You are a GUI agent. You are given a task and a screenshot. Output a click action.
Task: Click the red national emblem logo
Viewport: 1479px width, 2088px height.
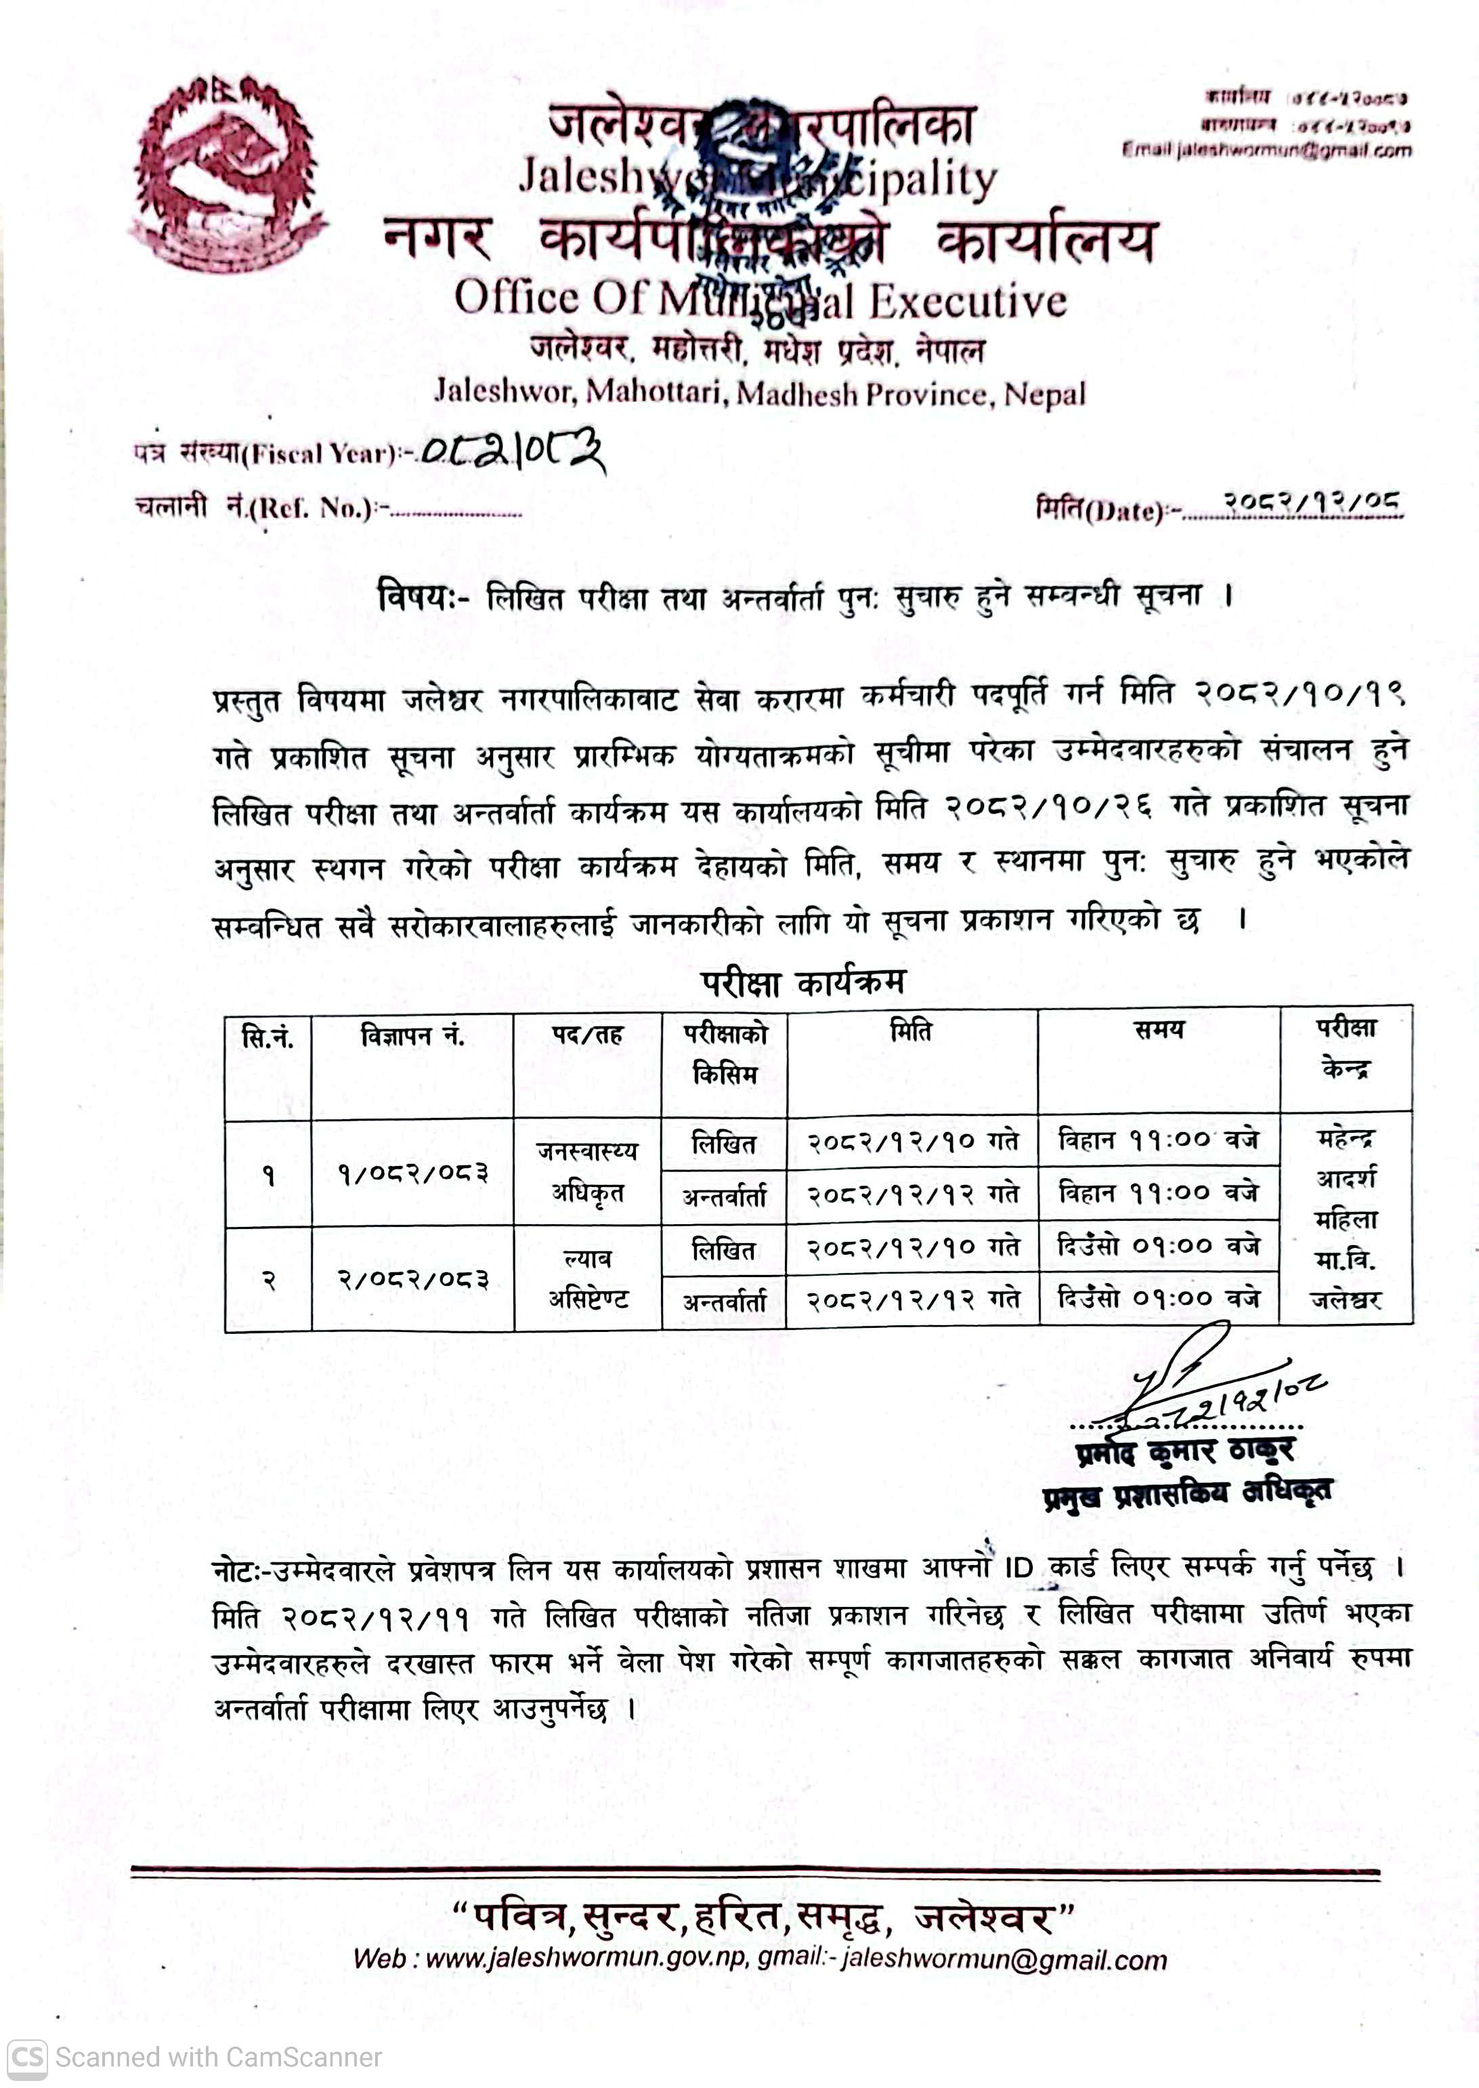pyautogui.click(x=228, y=173)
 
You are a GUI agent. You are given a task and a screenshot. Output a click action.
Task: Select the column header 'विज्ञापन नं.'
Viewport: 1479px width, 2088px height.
pyautogui.click(x=412, y=1036)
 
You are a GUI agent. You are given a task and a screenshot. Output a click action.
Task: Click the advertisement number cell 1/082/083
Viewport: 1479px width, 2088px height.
pyautogui.click(x=412, y=1173)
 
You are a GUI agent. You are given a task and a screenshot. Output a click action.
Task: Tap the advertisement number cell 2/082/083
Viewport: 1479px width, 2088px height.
pyautogui.click(x=412, y=1280)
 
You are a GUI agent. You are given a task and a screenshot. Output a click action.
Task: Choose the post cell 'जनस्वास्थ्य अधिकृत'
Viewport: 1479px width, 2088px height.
pyautogui.click(x=587, y=1171)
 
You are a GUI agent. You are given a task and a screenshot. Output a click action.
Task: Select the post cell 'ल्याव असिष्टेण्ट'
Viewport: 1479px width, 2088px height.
pyautogui.click(x=587, y=1278)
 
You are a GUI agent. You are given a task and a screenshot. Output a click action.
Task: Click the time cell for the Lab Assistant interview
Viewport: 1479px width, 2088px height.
pyautogui.click(x=1159, y=1298)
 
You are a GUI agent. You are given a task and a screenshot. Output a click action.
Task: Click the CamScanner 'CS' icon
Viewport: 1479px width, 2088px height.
pyautogui.click(x=27, y=2057)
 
